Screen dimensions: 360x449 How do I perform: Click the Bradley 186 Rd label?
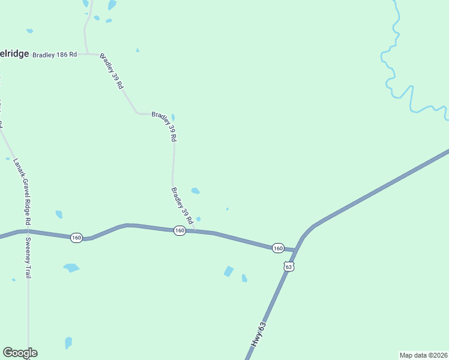click(x=55, y=54)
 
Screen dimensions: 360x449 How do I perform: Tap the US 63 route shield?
click(x=289, y=266)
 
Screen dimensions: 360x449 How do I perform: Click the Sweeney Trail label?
click(x=28, y=257)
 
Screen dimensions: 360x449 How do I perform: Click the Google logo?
click(x=20, y=353)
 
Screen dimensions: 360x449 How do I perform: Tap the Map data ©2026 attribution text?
click(x=423, y=355)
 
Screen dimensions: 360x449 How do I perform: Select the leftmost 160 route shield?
click(x=76, y=238)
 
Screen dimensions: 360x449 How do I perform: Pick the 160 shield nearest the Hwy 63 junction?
click(x=277, y=248)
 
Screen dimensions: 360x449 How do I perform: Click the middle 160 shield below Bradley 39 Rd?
click(x=179, y=231)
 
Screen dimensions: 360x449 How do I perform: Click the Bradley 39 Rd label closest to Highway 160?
click(x=182, y=206)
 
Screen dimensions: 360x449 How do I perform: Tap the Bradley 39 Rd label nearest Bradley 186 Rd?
click(x=112, y=71)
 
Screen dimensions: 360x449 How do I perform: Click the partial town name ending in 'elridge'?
click(x=14, y=53)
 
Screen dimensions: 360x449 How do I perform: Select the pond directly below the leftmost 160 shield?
click(x=71, y=268)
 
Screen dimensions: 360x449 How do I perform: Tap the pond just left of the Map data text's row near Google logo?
click(x=68, y=343)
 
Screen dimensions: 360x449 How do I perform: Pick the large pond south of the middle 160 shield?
click(x=229, y=271)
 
